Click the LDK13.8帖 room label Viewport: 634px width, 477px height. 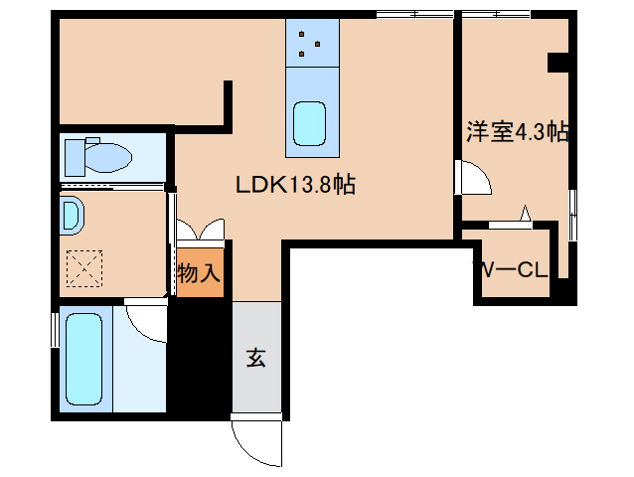click(295, 185)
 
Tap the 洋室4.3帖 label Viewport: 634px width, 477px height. click(518, 131)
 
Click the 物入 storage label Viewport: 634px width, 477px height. click(199, 272)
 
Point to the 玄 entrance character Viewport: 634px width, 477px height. click(256, 357)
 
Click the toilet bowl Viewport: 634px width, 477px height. click(108, 157)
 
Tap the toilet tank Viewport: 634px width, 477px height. click(75, 158)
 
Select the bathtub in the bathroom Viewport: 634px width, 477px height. click(83, 359)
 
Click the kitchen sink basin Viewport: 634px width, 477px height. click(309, 123)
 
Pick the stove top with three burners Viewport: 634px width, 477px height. click(312, 43)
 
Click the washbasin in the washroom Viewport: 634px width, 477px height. click(72, 216)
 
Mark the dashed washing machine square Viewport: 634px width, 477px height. click(84, 268)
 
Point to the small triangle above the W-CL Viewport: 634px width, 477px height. click(526, 213)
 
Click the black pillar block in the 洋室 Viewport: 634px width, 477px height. click(558, 63)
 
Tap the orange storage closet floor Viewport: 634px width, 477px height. click(200, 272)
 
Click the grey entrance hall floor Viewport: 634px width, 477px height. click(256, 358)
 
